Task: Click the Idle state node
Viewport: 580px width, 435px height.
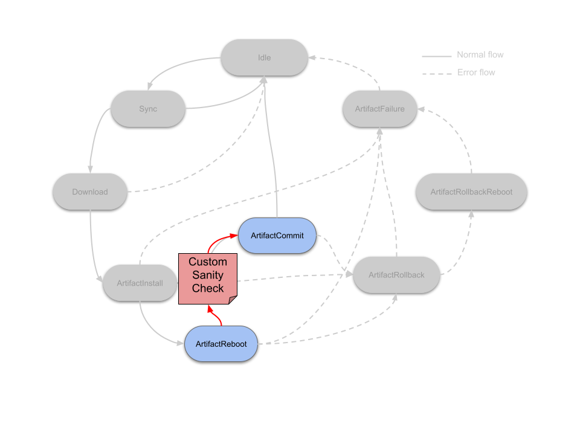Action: click(264, 58)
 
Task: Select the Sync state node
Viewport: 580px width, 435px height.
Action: click(148, 109)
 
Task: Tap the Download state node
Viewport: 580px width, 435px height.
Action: click(90, 192)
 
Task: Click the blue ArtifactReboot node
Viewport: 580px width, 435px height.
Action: click(221, 344)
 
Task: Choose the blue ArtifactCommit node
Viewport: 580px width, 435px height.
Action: click(278, 235)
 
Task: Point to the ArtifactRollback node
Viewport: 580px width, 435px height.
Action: click(396, 275)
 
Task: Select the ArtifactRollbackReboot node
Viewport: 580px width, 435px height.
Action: click(471, 192)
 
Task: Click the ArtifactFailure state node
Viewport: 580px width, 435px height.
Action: click(380, 109)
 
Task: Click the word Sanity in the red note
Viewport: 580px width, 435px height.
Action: click(208, 275)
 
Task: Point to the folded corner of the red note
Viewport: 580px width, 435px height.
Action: click(232, 300)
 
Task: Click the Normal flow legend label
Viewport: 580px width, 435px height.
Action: click(480, 55)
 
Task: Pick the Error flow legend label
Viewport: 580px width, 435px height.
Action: click(476, 72)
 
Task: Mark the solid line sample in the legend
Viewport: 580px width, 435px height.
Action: click(436, 56)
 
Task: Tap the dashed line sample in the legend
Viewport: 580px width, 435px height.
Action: click(436, 74)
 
